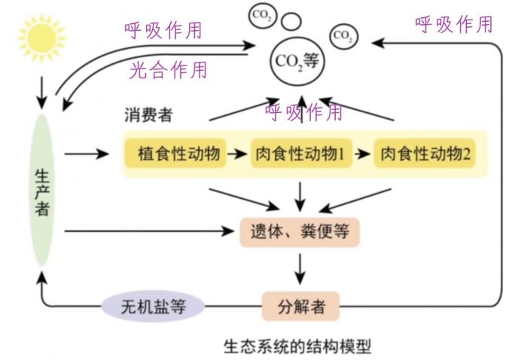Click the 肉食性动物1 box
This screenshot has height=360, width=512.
[x=300, y=154]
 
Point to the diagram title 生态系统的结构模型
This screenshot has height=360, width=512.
[x=298, y=348]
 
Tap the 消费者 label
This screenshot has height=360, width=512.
[x=148, y=115]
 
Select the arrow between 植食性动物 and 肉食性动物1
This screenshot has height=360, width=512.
[x=238, y=154]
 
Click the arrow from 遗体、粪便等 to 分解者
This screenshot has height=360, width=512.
[x=300, y=266]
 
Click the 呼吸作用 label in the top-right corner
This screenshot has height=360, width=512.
[x=454, y=24]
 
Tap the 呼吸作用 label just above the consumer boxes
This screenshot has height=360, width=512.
[x=304, y=112]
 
